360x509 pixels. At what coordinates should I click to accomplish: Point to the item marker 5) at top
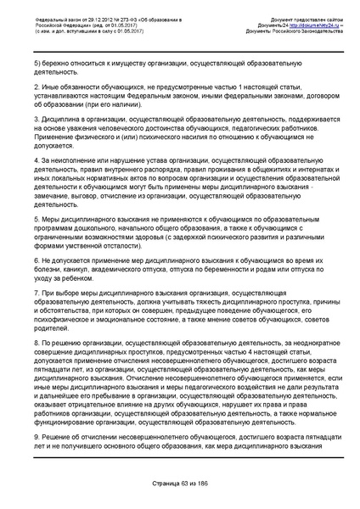36,64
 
